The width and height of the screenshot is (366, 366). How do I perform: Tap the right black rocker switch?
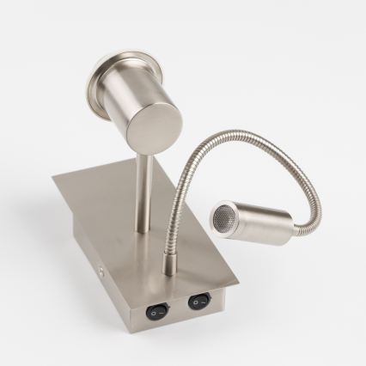click(x=199, y=302)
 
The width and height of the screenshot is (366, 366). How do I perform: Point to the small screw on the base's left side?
click(x=103, y=269)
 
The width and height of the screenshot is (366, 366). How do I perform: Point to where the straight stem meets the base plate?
click(x=142, y=230)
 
